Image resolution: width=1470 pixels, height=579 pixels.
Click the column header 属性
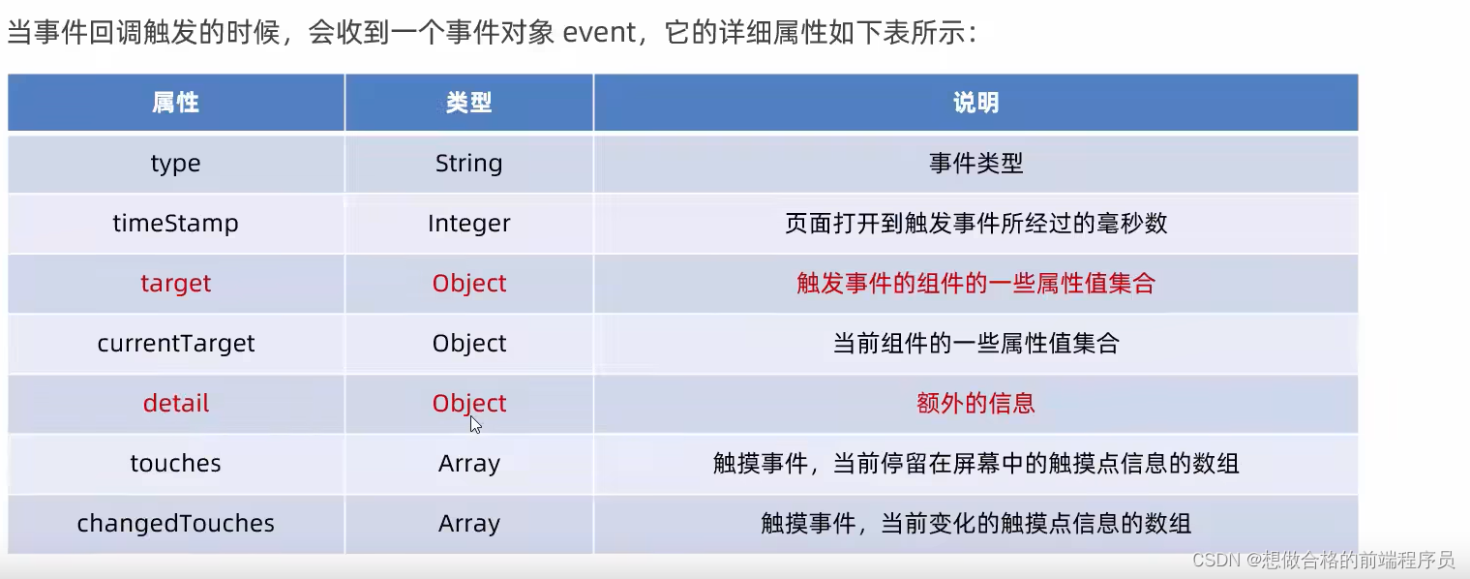pyautogui.click(x=175, y=103)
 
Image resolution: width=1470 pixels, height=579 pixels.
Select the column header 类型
pyautogui.click(x=469, y=103)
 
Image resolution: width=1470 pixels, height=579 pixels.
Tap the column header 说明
pyautogui.click(x=975, y=103)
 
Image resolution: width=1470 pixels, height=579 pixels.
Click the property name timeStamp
pyautogui.click(x=175, y=224)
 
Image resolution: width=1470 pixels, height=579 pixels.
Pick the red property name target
pyautogui.click(x=175, y=284)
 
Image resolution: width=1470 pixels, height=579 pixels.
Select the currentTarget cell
pyautogui.click(x=176, y=344)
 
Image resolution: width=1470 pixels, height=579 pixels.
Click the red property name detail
pyautogui.click(x=175, y=404)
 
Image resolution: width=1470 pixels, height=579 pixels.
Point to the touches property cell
pyautogui.click(x=175, y=464)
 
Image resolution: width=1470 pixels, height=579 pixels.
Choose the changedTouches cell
pyautogui.click(x=175, y=524)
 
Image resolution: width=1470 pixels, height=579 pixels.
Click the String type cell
pyautogui.click(x=469, y=164)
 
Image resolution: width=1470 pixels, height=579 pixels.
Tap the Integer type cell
pyautogui.click(x=469, y=224)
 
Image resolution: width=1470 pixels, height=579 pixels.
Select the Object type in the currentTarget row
pyautogui.click(x=469, y=344)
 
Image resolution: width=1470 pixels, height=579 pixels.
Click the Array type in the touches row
pyautogui.click(x=469, y=464)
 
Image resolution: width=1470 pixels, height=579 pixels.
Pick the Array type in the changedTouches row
pyautogui.click(x=469, y=524)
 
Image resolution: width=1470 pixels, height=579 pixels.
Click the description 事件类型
pyautogui.click(x=975, y=164)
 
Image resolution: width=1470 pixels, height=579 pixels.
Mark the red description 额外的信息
pyautogui.click(x=975, y=404)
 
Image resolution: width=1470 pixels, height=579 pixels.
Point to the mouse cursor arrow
pyautogui.click(x=475, y=424)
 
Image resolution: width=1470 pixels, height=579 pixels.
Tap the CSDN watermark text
pyautogui.click(x=1323, y=560)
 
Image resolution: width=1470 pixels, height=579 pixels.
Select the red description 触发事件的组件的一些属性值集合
pyautogui.click(x=975, y=284)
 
